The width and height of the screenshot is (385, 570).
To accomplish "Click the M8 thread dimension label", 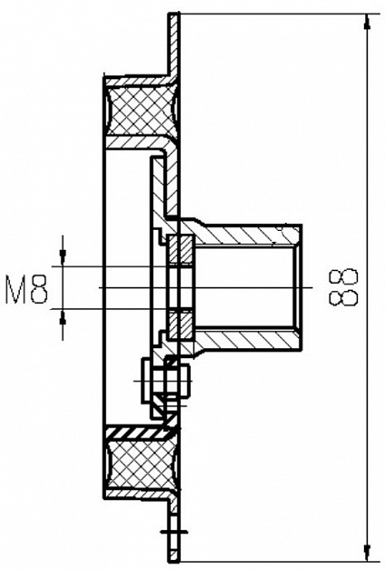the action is click(26, 289).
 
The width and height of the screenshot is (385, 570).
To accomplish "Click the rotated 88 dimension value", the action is click(343, 286).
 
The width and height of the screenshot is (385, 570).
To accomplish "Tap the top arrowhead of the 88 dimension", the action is click(367, 22).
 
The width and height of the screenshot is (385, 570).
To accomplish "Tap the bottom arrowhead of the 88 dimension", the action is click(367, 552).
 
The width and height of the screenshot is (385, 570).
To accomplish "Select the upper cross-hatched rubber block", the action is click(141, 112).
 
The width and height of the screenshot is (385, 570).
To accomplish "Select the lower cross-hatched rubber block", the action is click(141, 465).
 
